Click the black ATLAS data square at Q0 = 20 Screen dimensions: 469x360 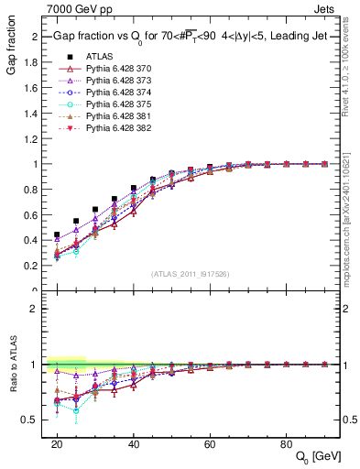pyautogui.click(x=57, y=234)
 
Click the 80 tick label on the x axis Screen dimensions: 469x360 pyautogui.click(x=287, y=444)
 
